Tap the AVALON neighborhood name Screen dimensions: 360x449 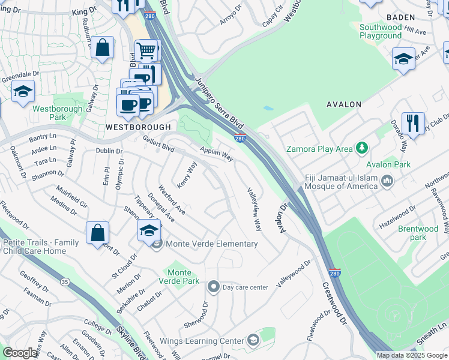[343, 104]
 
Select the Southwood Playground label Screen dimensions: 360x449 [381, 31]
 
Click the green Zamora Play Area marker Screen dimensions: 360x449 [361, 148]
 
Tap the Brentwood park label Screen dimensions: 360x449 [418, 233]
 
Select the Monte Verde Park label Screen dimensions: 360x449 [179, 277]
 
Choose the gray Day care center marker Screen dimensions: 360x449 [213, 287]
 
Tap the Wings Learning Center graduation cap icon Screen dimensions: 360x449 [253, 341]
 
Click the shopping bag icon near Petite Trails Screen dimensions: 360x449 [97, 233]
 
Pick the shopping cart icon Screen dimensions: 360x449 [146, 50]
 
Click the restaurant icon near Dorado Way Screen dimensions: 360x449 [413, 123]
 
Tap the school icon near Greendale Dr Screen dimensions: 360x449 [23, 91]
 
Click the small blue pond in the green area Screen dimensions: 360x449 [268, 109]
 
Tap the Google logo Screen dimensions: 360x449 [20, 353]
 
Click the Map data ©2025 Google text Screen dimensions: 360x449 [412, 355]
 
